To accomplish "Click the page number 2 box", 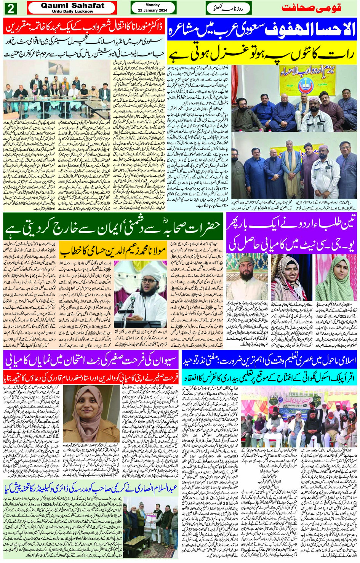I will tap(10, 8).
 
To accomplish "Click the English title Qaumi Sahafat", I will tap(72, 6).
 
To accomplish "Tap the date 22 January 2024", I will tap(153, 10).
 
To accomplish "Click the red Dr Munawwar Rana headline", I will tap(85, 27).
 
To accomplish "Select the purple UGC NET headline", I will tap(292, 233).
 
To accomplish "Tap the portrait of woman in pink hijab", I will tap(85, 408).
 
